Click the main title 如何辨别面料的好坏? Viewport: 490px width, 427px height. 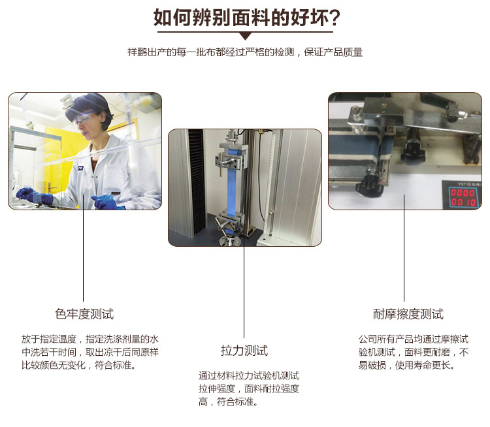pyautogui.click(x=246, y=18)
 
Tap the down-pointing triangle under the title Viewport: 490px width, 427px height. pyautogui.click(x=245, y=36)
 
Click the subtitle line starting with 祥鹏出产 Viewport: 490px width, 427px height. pyautogui.click(x=245, y=52)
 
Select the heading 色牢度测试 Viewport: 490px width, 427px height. pyautogui.click(x=84, y=314)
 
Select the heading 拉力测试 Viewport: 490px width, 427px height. pyautogui.click(x=244, y=351)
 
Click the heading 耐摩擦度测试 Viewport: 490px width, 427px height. pyautogui.click(x=408, y=314)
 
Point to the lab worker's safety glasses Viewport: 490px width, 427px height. pyautogui.click(x=84, y=118)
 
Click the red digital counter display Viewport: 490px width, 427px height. pyautogui.click(x=463, y=197)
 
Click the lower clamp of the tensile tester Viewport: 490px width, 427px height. pyautogui.click(x=229, y=223)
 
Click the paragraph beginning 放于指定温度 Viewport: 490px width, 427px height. pyautogui.click(x=90, y=352)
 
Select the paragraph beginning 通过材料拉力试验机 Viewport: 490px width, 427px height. pyautogui.click(x=249, y=388)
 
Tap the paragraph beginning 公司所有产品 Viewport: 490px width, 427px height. pyautogui.click(x=414, y=352)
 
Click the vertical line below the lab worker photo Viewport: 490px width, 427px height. pyautogui.click(x=84, y=247)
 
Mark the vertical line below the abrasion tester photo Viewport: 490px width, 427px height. pyautogui.click(x=404, y=247)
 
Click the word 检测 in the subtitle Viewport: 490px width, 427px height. pyautogui.click(x=284, y=52)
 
